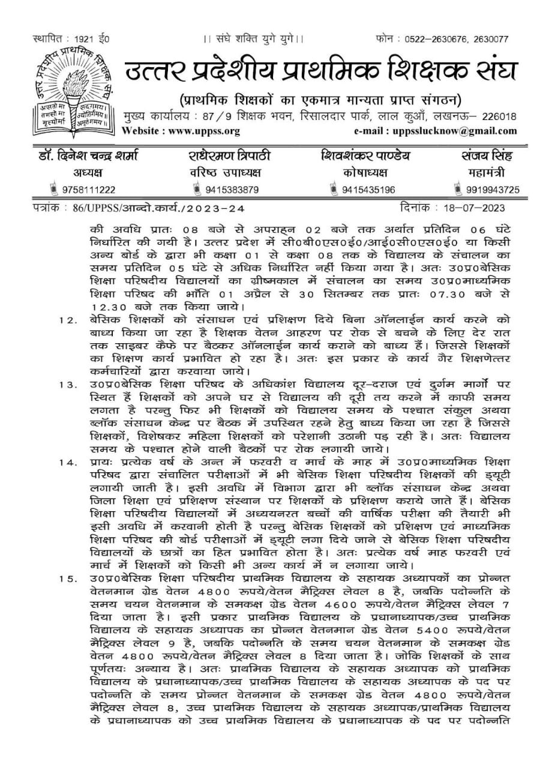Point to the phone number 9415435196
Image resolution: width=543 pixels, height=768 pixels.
pyautogui.click(x=368, y=190)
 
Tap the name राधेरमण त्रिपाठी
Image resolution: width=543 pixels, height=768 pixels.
pyautogui.click(x=225, y=157)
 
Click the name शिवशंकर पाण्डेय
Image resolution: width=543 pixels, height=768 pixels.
pyautogui.click(x=365, y=157)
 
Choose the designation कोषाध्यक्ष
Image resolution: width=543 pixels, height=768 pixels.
pyautogui.click(x=365, y=173)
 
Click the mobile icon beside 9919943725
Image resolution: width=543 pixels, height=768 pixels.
pyautogui.click(x=461, y=190)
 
